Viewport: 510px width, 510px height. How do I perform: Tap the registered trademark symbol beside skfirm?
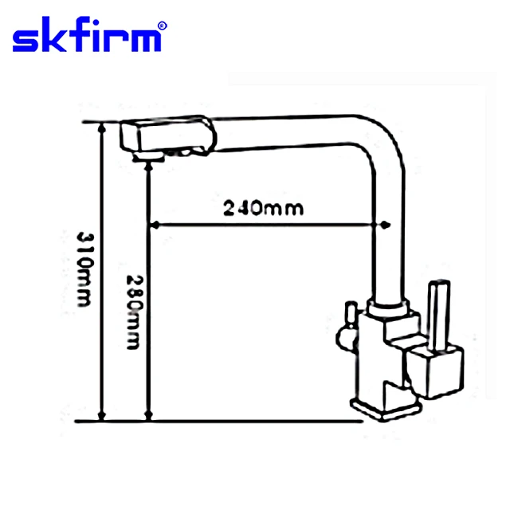point(162,25)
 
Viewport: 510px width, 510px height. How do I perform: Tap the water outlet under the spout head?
point(144,159)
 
